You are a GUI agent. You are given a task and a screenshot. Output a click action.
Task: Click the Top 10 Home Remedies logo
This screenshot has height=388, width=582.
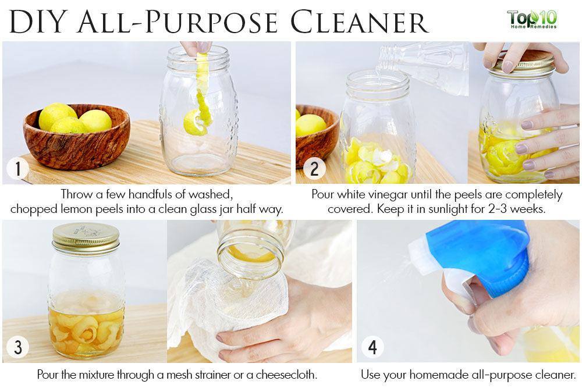coord(533,20)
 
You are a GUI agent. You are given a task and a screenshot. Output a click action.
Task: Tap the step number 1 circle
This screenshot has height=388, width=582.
coord(17,169)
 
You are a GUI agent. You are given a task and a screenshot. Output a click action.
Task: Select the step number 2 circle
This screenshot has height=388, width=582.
coord(314,169)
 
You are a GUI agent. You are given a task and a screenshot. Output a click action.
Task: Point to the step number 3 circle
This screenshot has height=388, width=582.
coord(17,347)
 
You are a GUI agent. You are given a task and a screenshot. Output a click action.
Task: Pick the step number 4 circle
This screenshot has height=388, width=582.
coord(372,347)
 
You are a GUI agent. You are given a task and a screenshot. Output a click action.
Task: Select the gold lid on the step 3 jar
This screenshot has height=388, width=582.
coord(86,238)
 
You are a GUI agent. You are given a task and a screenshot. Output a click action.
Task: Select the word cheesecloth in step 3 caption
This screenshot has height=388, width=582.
coord(286,375)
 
